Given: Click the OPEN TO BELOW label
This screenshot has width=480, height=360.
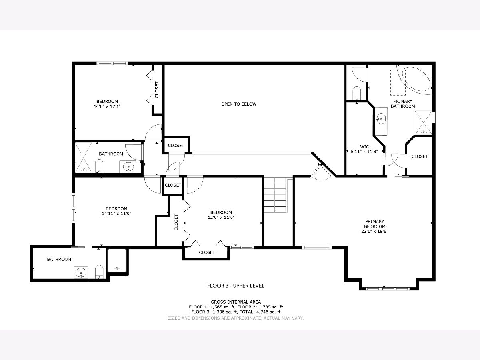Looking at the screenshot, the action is coord(239,104).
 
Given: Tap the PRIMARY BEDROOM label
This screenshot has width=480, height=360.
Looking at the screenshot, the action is coord(374,224).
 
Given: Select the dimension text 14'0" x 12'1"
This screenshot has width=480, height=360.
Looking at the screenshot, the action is coord(107,106).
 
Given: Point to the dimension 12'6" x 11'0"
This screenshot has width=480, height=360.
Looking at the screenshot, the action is coord(221,217).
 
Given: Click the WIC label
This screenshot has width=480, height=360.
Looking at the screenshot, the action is coord(364,147).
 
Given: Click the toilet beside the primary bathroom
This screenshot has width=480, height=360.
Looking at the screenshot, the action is coord(357,93).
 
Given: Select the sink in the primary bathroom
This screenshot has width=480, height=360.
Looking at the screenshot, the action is coord(381,119).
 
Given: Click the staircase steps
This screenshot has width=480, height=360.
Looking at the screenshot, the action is coord(275,194).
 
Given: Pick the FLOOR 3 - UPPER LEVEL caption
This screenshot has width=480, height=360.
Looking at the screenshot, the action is coord(236,286).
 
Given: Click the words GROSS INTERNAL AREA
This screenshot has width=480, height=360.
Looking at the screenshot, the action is coord(236,302).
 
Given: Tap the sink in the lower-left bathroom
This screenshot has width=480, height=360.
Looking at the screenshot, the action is coord(81,272).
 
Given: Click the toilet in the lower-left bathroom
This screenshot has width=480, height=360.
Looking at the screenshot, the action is coord(99,272).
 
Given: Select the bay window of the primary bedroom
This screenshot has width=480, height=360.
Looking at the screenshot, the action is coord(388,289).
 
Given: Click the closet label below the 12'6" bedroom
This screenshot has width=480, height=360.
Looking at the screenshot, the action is coord(207,252).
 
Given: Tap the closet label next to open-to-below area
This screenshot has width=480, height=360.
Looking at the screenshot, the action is coord(176,145).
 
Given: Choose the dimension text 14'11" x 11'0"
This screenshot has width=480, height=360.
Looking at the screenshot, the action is coord(116,213).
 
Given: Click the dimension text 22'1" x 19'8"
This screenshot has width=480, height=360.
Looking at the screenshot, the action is coord(374,231).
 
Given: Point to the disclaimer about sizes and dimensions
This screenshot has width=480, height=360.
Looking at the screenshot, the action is coord(236,318).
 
